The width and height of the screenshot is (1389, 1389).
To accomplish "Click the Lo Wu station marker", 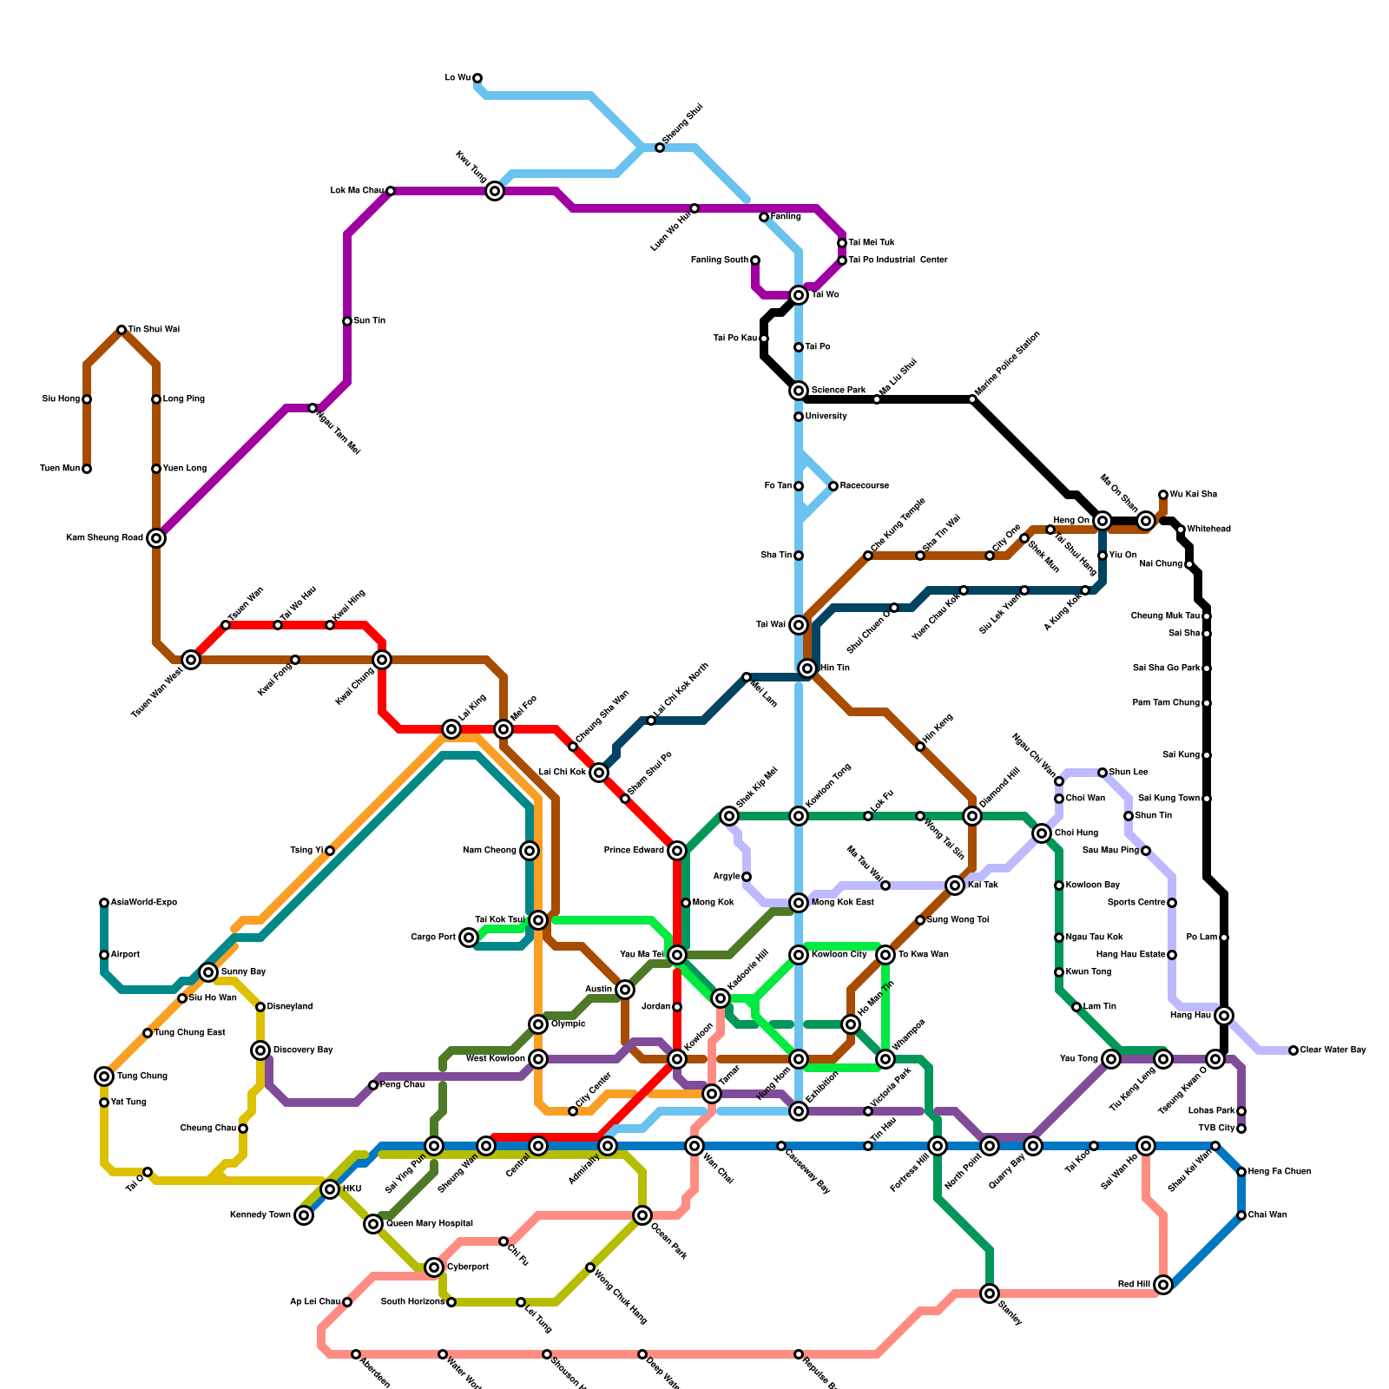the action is point(477,78).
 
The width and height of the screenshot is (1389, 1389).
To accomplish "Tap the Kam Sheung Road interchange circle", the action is point(156,538).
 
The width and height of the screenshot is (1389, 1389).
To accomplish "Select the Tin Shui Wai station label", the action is point(154,330).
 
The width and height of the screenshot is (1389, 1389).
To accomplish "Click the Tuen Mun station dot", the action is point(87,469).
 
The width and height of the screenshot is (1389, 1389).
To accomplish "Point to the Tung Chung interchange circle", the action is point(104,1076).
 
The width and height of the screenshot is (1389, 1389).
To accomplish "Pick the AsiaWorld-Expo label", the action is point(143,903).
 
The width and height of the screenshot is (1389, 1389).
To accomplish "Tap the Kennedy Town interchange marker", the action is point(304,1215).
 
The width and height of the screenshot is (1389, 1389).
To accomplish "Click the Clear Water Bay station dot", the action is point(1294,1050).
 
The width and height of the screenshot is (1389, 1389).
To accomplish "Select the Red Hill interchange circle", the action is point(1163,1285).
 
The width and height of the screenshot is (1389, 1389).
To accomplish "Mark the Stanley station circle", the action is point(990,1294).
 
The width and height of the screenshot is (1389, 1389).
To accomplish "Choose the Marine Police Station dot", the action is point(972,399).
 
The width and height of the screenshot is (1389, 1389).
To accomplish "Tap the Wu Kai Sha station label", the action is point(1193,495).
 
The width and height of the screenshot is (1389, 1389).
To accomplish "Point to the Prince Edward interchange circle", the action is point(677,851).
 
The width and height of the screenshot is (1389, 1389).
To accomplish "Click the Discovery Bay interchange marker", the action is point(260,1050).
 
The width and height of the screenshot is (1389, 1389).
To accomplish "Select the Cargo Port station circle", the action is point(469,938).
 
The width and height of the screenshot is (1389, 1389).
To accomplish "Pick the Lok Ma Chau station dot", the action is point(391,191).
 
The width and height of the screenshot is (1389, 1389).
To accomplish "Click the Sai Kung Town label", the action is point(1168,799).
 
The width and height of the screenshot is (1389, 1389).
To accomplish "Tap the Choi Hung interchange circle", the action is point(1042,833).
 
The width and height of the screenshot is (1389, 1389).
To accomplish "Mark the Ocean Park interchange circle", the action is point(642,1215).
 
